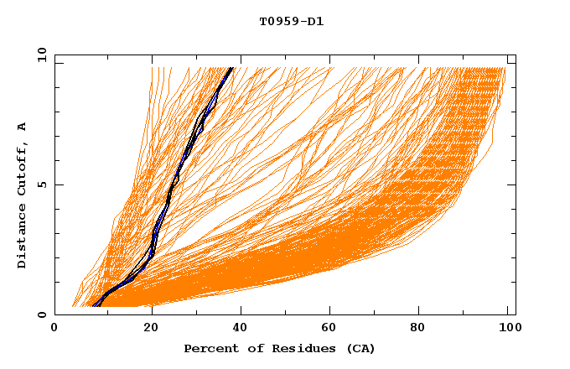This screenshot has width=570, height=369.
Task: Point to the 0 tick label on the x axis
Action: click(54, 330)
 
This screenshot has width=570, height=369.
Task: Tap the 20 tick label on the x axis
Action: click(151, 330)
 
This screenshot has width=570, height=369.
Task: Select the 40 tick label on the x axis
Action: click(243, 330)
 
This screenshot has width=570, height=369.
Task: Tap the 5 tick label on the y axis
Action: click(42, 184)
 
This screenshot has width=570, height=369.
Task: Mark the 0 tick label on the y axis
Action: click(42, 314)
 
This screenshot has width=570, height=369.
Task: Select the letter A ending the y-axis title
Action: click(23, 126)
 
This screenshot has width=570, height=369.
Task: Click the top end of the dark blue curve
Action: click(232, 67)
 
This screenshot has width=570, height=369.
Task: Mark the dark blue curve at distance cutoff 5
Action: click(174, 184)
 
